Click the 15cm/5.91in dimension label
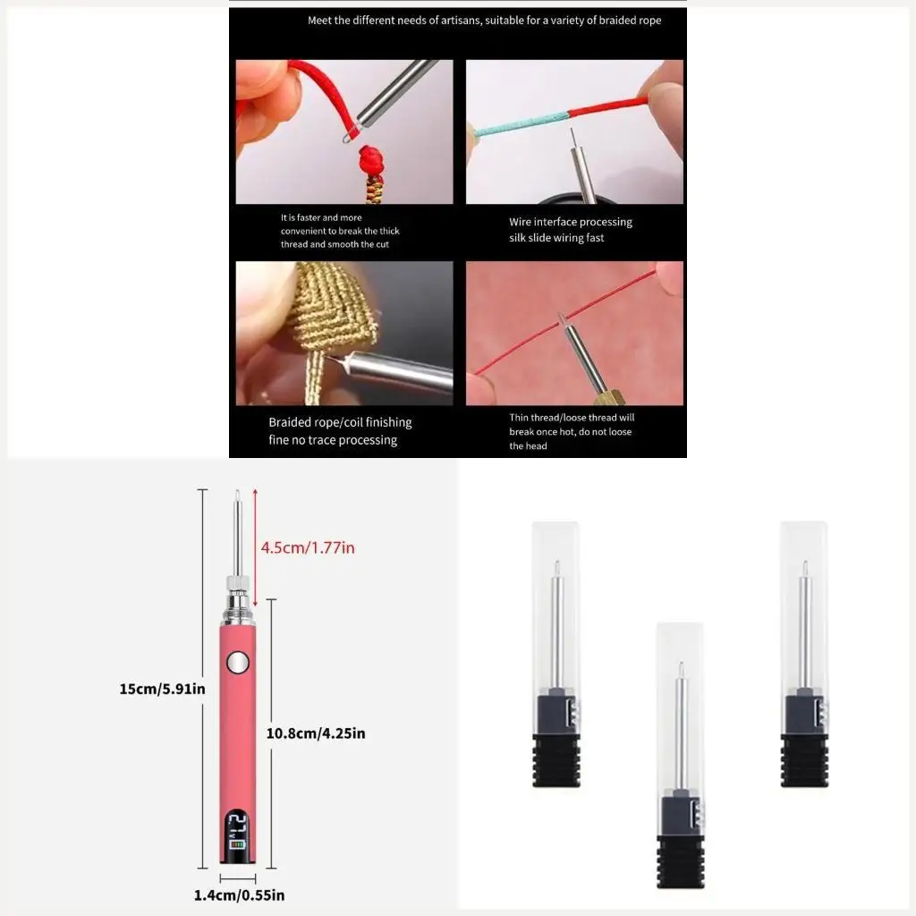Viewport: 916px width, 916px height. tap(163, 689)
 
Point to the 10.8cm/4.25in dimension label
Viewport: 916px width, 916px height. tap(316, 734)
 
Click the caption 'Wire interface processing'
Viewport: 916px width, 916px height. tap(571, 222)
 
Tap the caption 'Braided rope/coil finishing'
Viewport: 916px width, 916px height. tap(340, 422)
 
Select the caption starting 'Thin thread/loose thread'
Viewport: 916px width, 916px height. tap(572, 418)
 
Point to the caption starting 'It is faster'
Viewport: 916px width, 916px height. tap(321, 217)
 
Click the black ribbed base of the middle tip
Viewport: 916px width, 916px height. tap(682, 861)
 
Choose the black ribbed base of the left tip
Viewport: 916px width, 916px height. tap(556, 760)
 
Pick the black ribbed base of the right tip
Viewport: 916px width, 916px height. tap(803, 760)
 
